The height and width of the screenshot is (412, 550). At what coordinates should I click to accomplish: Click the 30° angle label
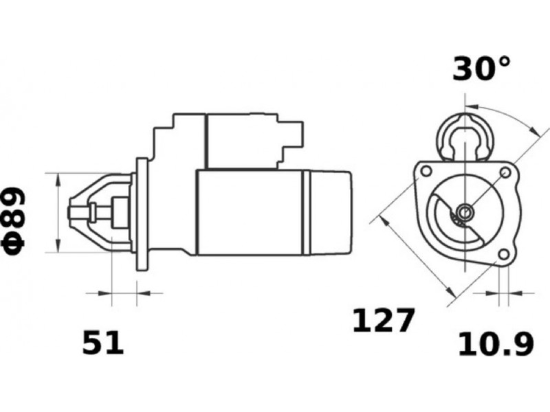[481, 69]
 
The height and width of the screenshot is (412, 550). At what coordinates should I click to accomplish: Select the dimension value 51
[103, 342]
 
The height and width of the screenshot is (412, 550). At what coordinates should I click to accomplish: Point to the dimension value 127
[384, 320]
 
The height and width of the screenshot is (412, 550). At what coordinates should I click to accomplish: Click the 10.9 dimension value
[496, 344]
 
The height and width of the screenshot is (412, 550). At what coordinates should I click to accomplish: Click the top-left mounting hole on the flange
[426, 171]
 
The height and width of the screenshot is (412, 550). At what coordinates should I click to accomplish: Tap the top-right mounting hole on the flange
[505, 172]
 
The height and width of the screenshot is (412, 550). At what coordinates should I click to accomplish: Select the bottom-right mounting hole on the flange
[504, 255]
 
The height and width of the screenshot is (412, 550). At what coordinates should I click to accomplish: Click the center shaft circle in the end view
[465, 212]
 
